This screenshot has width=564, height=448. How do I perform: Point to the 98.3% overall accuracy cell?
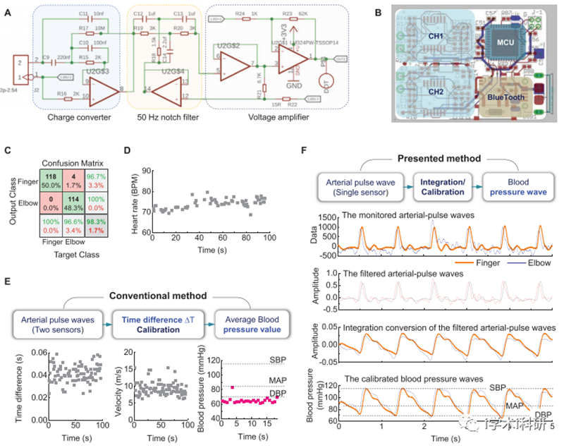[x=94, y=226]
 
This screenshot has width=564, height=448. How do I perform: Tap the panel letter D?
[x=127, y=150]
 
